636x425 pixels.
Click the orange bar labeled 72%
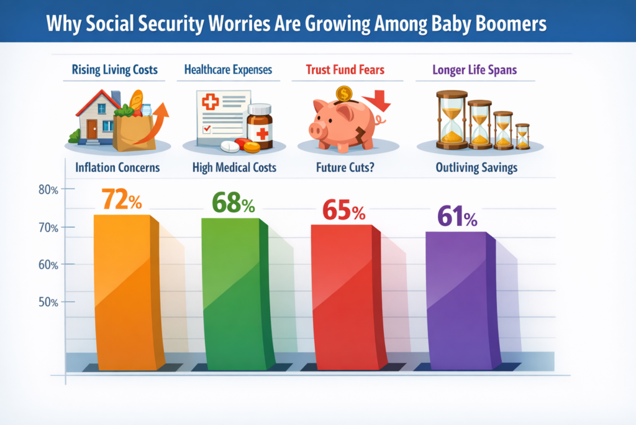click(x=124, y=292)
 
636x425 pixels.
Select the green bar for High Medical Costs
click(x=233, y=292)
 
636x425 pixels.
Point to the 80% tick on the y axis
click(x=48, y=190)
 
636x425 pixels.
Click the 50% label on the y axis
click(x=48, y=302)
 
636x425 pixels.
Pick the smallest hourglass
click(x=522, y=136)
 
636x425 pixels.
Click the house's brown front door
click(x=92, y=129)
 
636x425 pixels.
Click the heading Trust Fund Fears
click(x=345, y=70)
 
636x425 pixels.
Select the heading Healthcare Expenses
click(x=228, y=70)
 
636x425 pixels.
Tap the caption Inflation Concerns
click(x=117, y=167)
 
